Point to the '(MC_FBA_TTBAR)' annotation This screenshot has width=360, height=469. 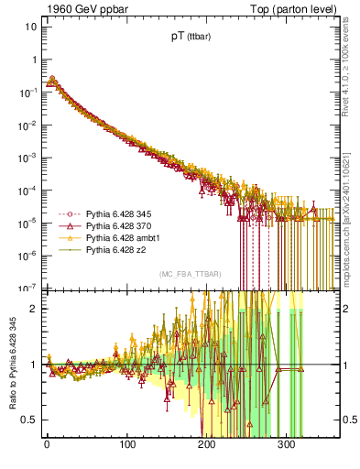190,275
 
